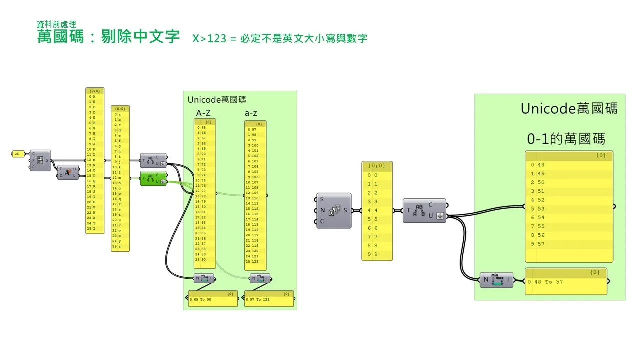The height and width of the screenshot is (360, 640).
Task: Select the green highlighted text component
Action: point(153,178)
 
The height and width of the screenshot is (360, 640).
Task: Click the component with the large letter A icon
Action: point(68,172)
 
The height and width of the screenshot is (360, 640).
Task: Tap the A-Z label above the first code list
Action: point(203,113)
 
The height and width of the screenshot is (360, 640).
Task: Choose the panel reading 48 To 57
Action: point(566,282)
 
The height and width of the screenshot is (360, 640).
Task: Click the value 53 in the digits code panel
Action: point(541,209)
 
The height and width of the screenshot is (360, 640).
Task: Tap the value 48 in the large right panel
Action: point(541,165)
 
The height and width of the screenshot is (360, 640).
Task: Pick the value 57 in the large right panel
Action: point(541,244)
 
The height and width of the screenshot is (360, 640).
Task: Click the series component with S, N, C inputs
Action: point(334,210)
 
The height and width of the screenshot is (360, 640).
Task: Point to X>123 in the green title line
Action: point(209,38)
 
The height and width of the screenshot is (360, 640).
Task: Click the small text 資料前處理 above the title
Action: point(56,23)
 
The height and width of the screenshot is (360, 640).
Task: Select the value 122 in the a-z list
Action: point(255,261)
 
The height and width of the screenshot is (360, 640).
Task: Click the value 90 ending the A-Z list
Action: point(204,259)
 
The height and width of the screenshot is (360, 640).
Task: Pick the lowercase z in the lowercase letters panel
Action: point(120,246)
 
